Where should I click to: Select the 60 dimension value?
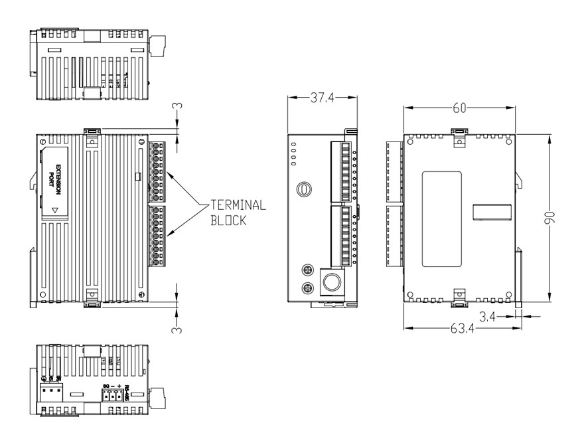click(x=459, y=107)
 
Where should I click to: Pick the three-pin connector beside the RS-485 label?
click(x=112, y=396)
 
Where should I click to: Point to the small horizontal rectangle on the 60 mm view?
click(x=491, y=212)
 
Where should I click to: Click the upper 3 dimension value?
click(x=177, y=107)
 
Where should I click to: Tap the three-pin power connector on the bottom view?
click(x=50, y=394)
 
